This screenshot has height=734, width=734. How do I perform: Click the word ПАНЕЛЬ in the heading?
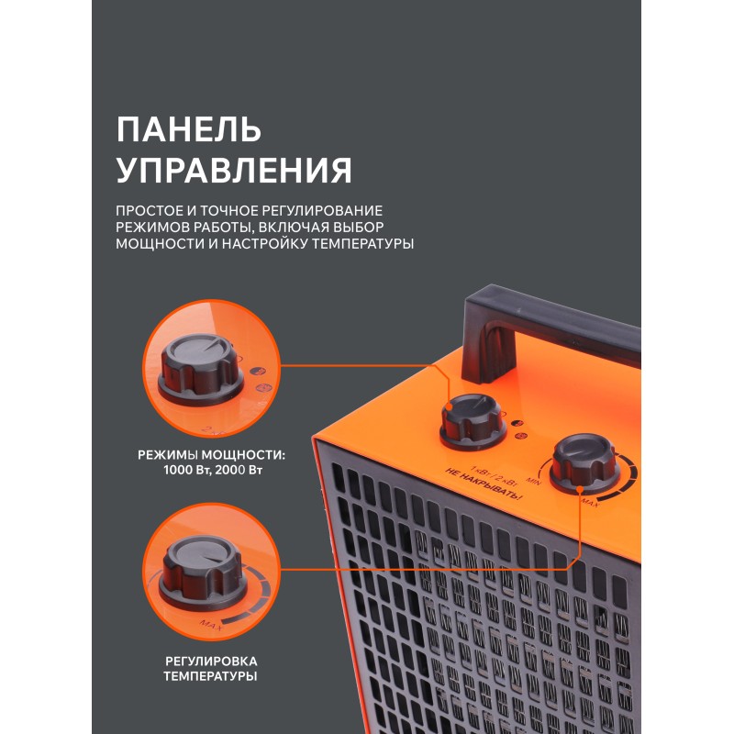(x=189, y=129)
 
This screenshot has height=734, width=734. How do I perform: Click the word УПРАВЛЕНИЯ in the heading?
(x=234, y=170)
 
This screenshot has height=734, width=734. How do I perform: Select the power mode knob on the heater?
(x=473, y=421)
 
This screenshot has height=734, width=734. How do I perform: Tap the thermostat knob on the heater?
(x=584, y=462)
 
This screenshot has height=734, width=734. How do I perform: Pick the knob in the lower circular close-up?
(x=203, y=573)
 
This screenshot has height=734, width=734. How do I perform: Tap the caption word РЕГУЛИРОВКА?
(x=211, y=662)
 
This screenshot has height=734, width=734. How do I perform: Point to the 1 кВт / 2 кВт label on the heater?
(x=494, y=474)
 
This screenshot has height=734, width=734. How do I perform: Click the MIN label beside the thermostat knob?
(x=533, y=480)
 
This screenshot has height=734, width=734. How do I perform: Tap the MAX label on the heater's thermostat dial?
(x=589, y=503)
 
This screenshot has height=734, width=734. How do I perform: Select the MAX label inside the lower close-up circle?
(x=211, y=625)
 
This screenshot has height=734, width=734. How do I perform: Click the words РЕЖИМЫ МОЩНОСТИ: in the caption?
(x=211, y=455)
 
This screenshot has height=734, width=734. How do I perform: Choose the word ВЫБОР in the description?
(x=359, y=228)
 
